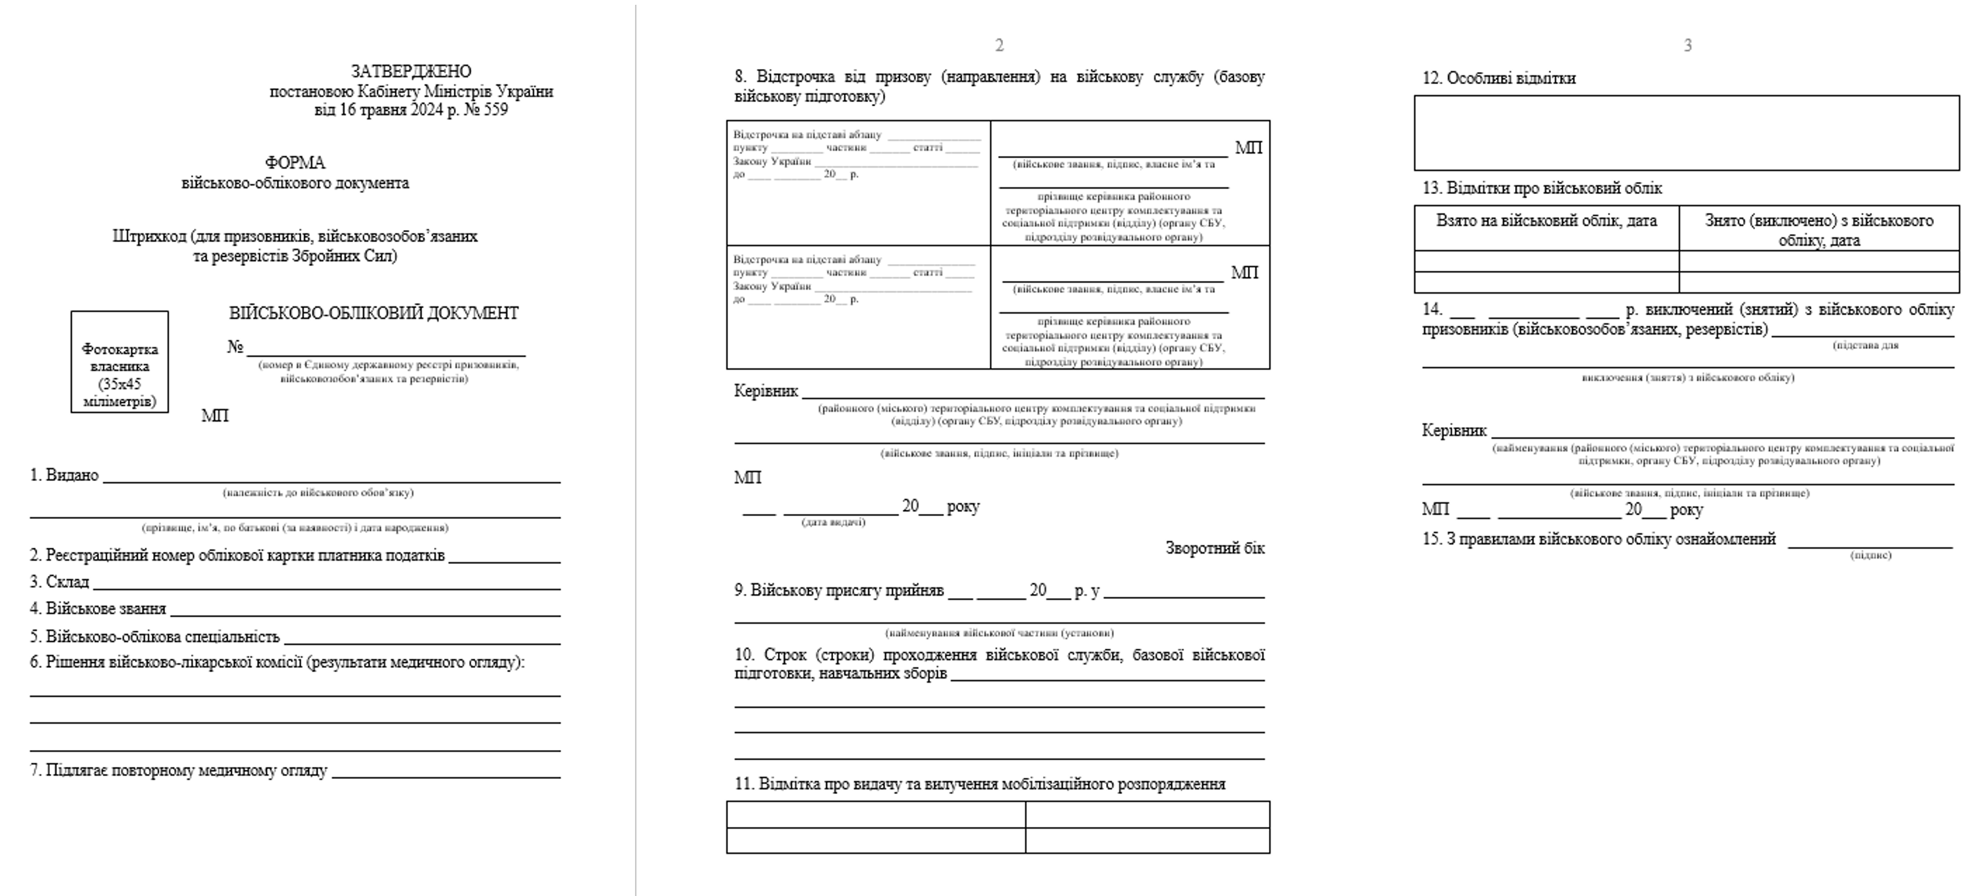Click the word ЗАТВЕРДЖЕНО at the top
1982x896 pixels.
[x=411, y=71]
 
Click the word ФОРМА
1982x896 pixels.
[x=295, y=163]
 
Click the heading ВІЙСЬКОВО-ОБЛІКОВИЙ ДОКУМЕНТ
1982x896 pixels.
[x=373, y=313]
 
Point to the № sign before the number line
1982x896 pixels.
[x=235, y=347]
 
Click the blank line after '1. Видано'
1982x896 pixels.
[x=331, y=477]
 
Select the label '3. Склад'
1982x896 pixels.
[x=60, y=582]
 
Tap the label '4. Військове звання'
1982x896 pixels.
[x=98, y=609]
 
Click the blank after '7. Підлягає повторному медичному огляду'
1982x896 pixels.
[x=445, y=773]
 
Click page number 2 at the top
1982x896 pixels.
[x=999, y=46]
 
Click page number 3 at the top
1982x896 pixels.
[x=1687, y=46]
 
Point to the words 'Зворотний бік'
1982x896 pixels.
[x=1214, y=549]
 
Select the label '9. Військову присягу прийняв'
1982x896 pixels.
[x=839, y=591]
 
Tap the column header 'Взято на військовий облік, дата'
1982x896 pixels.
[x=1546, y=221]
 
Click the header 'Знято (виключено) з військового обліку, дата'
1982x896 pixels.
[x=1818, y=230]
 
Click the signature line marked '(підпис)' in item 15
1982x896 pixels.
[x=1870, y=543]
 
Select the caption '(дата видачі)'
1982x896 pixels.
[x=833, y=522]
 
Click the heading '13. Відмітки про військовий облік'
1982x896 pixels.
[x=1542, y=189]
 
